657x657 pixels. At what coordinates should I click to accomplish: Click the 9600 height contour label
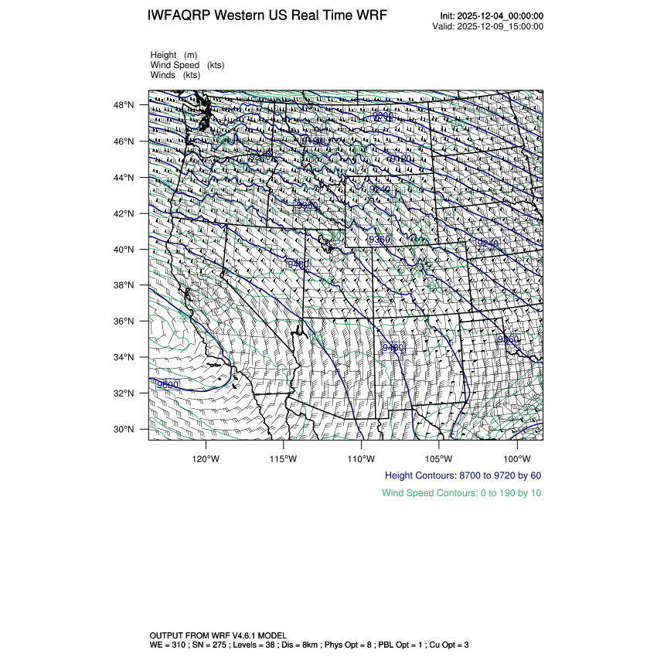pyautogui.click(x=168, y=384)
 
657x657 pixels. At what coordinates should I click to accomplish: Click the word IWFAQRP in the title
pyautogui.click(x=179, y=16)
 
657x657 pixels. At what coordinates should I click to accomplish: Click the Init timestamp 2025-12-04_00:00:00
pyautogui.click(x=501, y=16)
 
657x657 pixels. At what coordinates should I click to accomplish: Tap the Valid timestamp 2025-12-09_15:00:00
pyautogui.click(x=501, y=26)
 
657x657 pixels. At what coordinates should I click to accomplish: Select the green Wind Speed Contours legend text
pyautogui.click(x=461, y=493)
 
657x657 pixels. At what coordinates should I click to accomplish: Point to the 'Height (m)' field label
pyautogui.click(x=174, y=55)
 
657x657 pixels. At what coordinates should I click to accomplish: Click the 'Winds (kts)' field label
pyautogui.click(x=175, y=75)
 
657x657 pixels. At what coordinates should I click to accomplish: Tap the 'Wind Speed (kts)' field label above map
pyautogui.click(x=188, y=65)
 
